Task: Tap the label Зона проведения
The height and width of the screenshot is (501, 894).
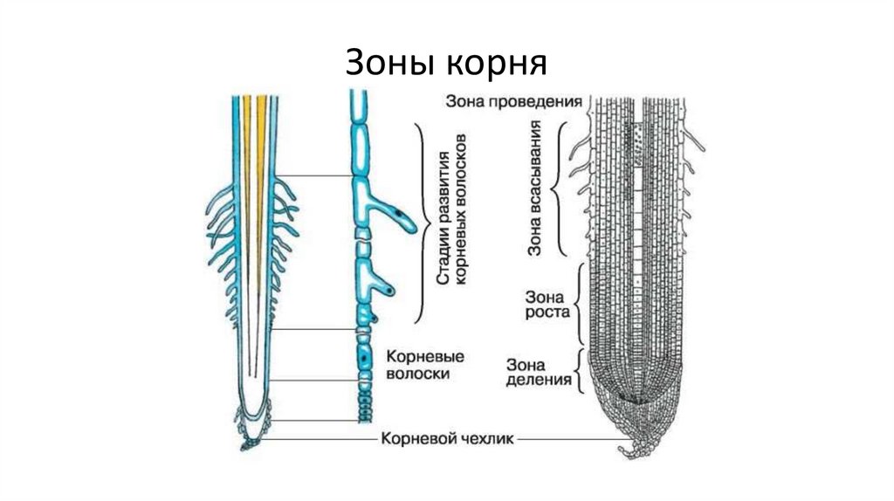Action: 513,100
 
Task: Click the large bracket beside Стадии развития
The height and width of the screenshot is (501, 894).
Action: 422,223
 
